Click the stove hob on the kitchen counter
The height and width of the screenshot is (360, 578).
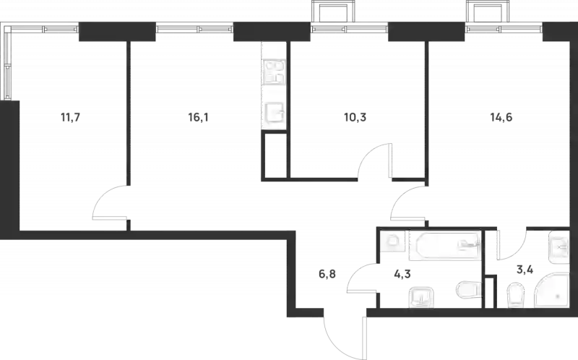coord(273,72)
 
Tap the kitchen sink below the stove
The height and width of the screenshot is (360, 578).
coord(274,113)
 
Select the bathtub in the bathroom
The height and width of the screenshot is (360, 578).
coord(444,247)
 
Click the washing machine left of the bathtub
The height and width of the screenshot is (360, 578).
coord(392,243)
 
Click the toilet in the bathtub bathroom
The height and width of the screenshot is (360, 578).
coord(467,291)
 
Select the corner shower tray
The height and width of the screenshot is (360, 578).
coord(552,291)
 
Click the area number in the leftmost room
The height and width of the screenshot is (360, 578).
coord(70,114)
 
